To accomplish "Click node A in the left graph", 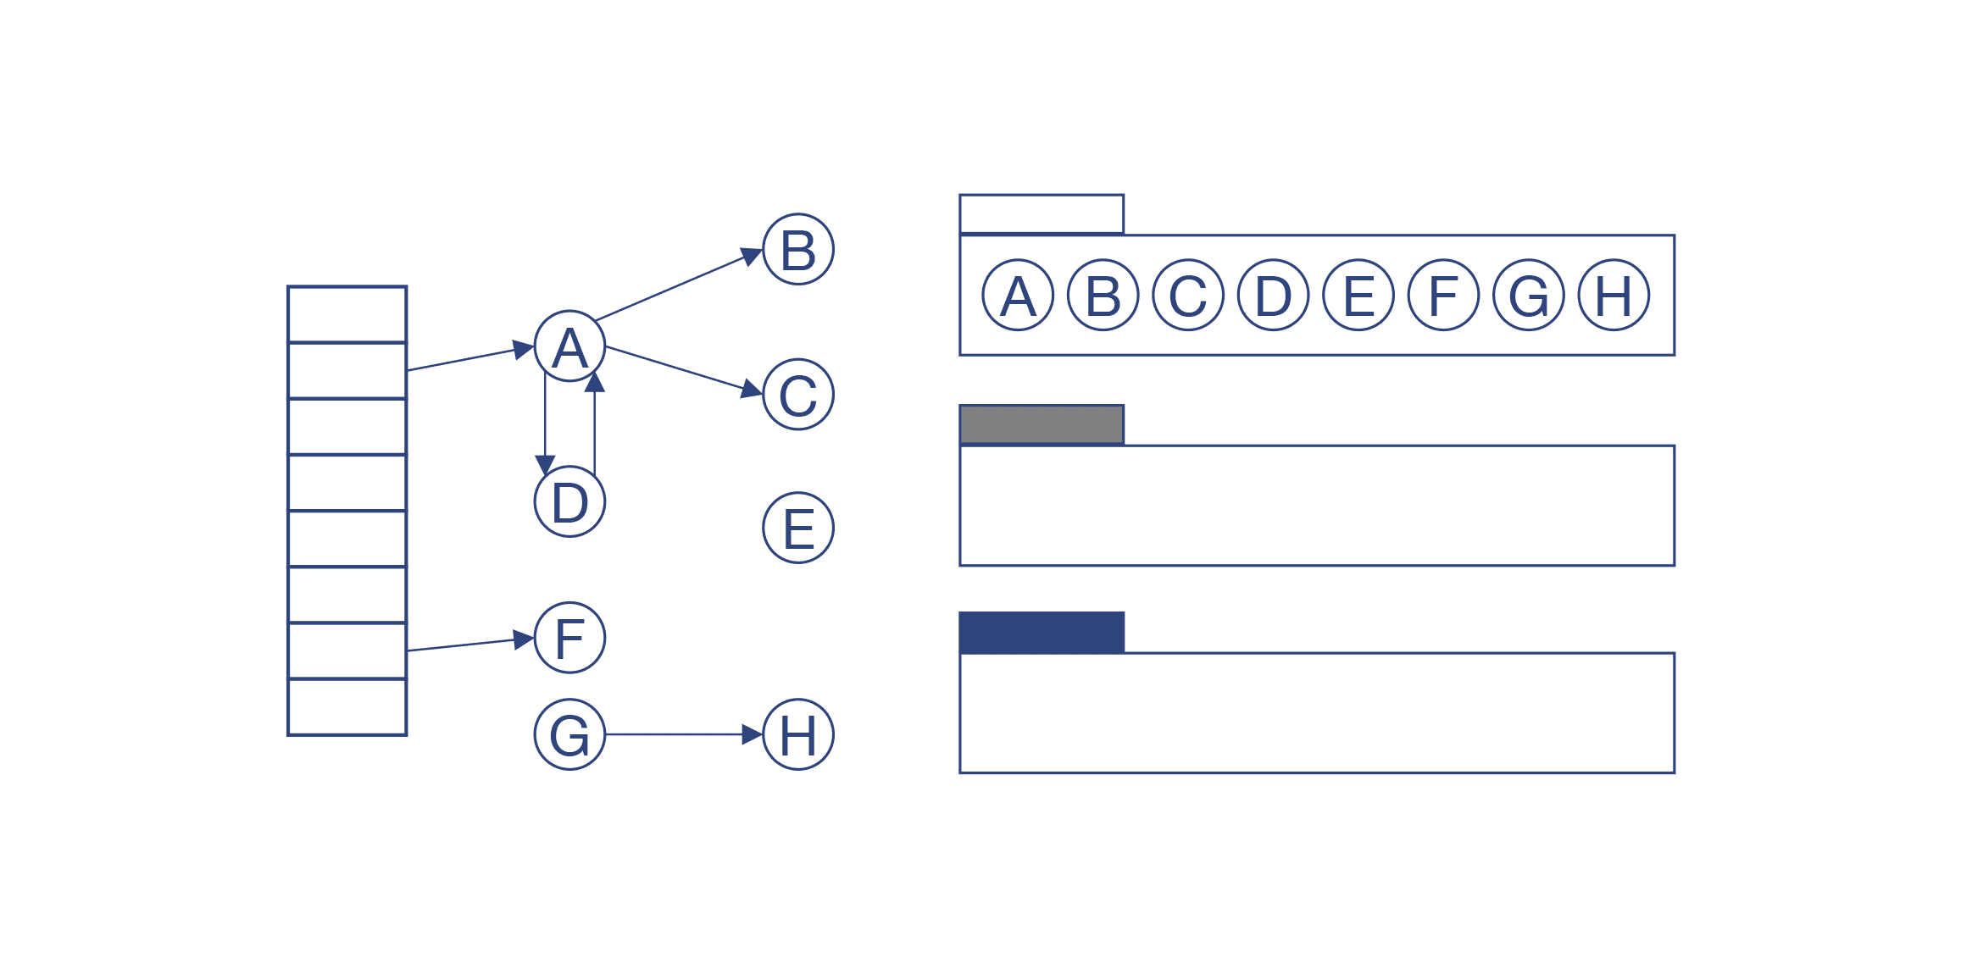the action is pyautogui.click(x=569, y=346).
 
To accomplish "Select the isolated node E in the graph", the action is pyautogui.click(x=798, y=528).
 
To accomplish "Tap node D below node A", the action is pyautogui.click(x=569, y=501).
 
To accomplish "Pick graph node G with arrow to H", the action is pyautogui.click(x=569, y=734).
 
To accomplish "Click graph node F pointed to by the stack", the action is pyautogui.click(x=569, y=638).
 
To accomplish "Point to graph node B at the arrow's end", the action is pyautogui.click(x=798, y=249).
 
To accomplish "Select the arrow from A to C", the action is pyautogui.click(x=678, y=369).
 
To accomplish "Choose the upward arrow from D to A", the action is pyautogui.click(x=595, y=428).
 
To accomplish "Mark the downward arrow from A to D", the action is pyautogui.click(x=545, y=423).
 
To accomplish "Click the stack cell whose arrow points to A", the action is pyautogui.click(x=347, y=370).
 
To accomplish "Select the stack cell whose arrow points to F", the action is pyautogui.click(x=347, y=650).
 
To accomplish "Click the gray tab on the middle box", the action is pyautogui.click(x=1042, y=424).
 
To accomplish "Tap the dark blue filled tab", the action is pyautogui.click(x=1042, y=632).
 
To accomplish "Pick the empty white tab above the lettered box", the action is pyautogui.click(x=1042, y=213).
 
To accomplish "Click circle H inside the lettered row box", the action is pyautogui.click(x=1614, y=295).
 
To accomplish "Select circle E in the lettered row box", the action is pyautogui.click(x=1358, y=295).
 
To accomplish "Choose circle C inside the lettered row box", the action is pyautogui.click(x=1188, y=295).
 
